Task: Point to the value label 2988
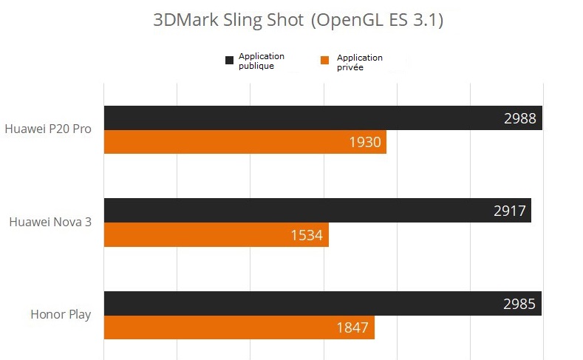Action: tap(519, 118)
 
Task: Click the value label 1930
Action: tap(365, 142)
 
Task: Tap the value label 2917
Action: tap(510, 211)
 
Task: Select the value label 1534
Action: tap(307, 235)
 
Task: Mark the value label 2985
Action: tap(519, 303)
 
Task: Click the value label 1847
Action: tap(352, 327)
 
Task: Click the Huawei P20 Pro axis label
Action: tap(48, 129)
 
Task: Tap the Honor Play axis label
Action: tap(61, 314)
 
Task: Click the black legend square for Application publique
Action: tap(229, 60)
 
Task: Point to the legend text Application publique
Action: tap(261, 61)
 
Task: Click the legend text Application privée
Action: tap(359, 62)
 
